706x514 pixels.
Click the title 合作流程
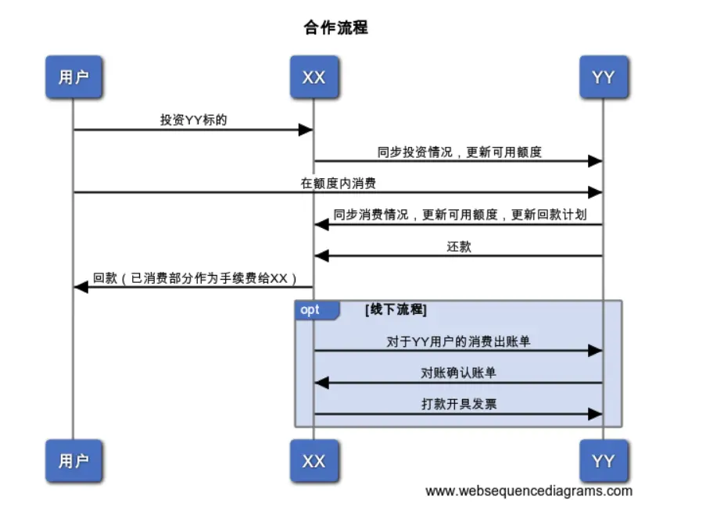[x=335, y=28]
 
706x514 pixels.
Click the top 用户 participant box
[x=73, y=77]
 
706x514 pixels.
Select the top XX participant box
[x=314, y=77]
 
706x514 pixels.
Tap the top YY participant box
[x=603, y=77]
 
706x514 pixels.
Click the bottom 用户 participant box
[x=73, y=461]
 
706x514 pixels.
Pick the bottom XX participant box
[x=314, y=461]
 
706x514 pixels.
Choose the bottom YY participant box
[x=603, y=461]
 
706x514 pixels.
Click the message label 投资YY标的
[x=193, y=120]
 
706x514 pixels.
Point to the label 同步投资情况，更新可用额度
[x=459, y=152]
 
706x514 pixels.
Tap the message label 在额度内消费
[x=338, y=184]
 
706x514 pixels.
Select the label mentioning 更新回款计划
[x=459, y=215]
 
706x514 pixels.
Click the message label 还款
[x=459, y=247]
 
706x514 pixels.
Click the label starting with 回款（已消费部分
[x=195, y=278]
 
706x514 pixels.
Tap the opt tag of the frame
[x=310, y=310]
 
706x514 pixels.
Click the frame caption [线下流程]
[x=396, y=310]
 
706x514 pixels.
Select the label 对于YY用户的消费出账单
[x=459, y=341]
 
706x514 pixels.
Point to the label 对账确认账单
[x=459, y=373]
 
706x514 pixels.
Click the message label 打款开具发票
[x=459, y=404]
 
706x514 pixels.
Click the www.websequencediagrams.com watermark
[x=529, y=491]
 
